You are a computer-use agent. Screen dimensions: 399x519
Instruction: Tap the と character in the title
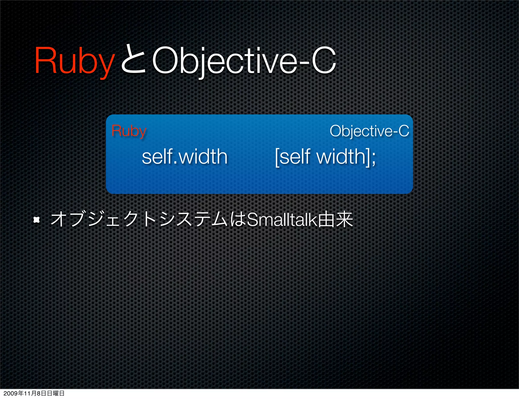(x=133, y=60)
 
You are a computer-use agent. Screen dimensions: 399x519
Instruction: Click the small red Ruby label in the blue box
(x=129, y=131)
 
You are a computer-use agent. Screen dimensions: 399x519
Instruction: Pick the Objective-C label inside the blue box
(x=369, y=131)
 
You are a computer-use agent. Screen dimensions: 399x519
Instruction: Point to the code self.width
(x=184, y=157)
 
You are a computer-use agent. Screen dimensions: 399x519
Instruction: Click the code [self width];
(x=325, y=157)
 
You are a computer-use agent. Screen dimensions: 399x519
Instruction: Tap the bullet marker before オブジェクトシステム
(x=37, y=220)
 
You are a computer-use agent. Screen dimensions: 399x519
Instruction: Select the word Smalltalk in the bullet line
(x=282, y=220)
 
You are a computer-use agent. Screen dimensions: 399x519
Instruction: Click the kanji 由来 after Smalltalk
(x=335, y=220)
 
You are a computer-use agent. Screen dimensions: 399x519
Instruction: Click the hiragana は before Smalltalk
(x=238, y=220)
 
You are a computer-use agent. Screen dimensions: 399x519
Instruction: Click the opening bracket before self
(x=277, y=157)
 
